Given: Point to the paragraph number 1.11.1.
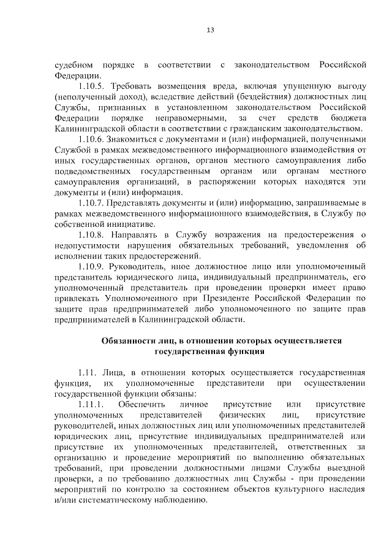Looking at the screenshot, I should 92,405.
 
